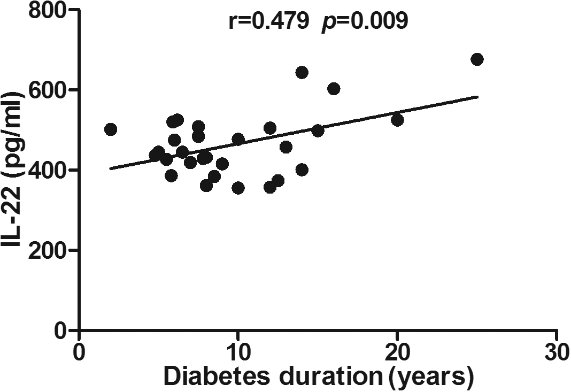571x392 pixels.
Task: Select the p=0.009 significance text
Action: point(365,21)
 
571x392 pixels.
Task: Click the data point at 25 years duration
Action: point(477,59)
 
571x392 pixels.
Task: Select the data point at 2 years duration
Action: point(111,129)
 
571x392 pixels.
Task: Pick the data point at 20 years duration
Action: point(397,120)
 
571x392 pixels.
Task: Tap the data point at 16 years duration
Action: point(334,89)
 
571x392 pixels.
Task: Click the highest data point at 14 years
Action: point(302,73)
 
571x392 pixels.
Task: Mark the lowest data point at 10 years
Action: point(238,188)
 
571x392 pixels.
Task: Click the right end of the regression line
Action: point(477,97)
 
